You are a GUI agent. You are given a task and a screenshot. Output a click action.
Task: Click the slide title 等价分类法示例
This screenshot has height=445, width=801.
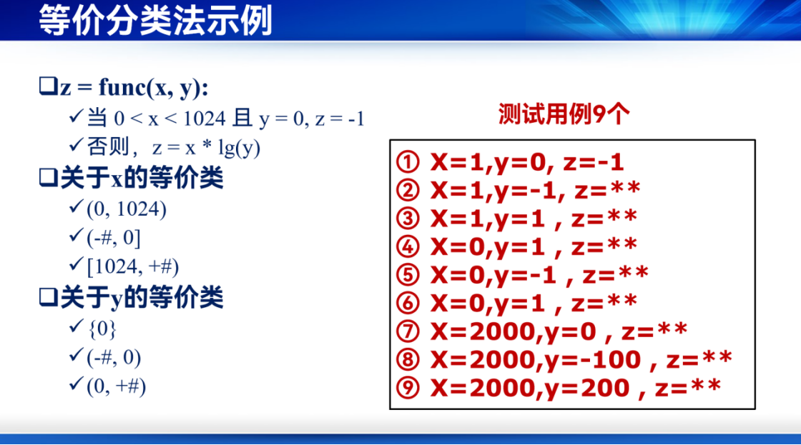(x=155, y=21)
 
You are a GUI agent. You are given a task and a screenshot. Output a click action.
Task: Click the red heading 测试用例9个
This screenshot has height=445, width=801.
(x=564, y=114)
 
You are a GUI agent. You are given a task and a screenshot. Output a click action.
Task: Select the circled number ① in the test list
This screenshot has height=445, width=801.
(x=408, y=162)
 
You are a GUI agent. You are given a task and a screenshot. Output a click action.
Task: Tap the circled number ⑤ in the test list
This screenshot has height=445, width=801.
(x=408, y=275)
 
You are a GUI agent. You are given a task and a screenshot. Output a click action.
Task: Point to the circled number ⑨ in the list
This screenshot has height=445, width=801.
(x=408, y=388)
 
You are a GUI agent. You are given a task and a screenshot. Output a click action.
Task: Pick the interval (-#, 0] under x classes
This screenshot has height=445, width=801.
(x=114, y=238)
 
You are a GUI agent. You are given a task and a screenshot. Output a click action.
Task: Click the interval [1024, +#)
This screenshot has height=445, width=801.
(x=133, y=266)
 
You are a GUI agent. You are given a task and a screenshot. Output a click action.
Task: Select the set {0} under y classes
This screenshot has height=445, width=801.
(x=102, y=329)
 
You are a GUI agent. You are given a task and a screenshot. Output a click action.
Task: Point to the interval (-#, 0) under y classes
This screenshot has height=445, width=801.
(x=114, y=357)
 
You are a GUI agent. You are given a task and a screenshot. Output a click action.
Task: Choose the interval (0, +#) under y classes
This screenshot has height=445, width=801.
(x=116, y=386)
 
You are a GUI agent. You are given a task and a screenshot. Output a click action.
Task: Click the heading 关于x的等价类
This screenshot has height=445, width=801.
(x=142, y=178)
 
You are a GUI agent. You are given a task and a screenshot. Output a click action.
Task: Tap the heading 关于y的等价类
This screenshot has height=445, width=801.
(x=142, y=298)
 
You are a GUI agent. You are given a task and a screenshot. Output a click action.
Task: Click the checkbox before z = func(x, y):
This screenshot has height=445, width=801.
(x=47, y=86)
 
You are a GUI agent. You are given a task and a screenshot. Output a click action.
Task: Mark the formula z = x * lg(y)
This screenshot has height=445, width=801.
(x=206, y=148)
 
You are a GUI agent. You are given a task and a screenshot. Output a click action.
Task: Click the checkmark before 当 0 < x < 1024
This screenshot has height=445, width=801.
(x=76, y=117)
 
